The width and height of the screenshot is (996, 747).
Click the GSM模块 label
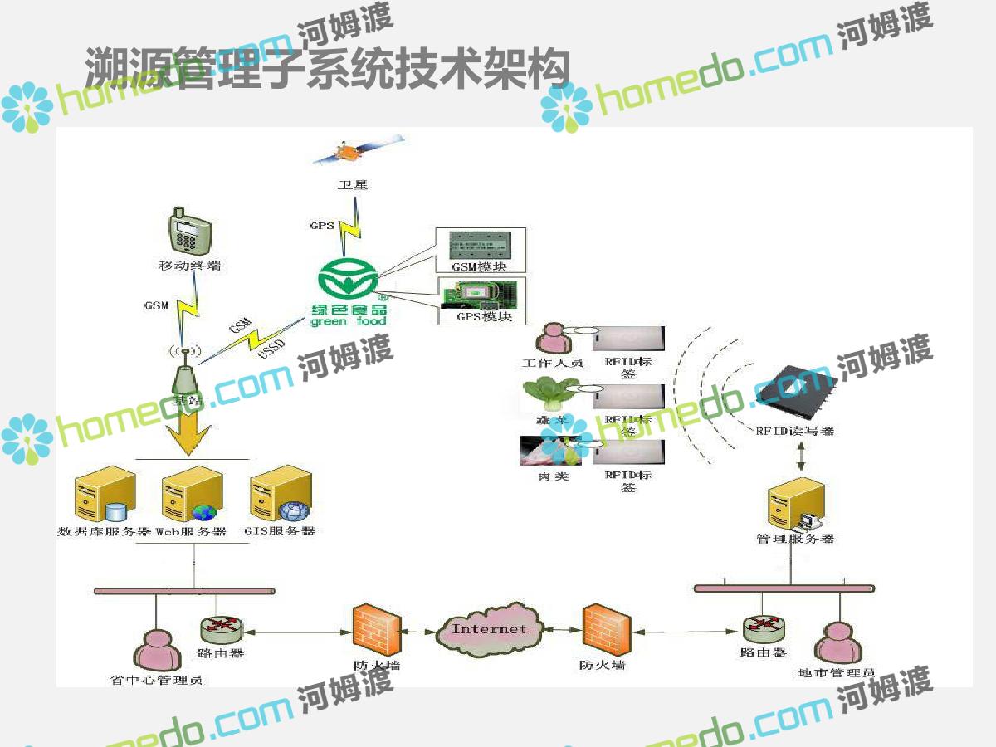point(479,267)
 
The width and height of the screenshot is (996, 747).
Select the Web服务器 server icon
point(191,494)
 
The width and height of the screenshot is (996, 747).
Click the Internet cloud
point(490,629)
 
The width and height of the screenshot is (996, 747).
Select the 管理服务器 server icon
point(795,504)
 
